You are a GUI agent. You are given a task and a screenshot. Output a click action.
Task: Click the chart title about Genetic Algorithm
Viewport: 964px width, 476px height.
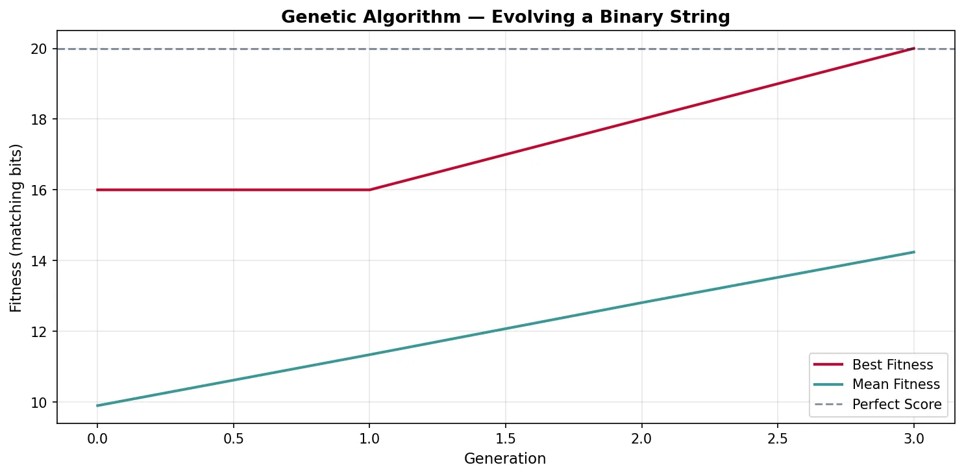point(505,18)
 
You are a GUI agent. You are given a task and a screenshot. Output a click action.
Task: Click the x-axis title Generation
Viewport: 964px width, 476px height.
point(505,458)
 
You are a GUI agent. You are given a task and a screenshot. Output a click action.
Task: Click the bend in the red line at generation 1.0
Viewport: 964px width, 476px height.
point(369,190)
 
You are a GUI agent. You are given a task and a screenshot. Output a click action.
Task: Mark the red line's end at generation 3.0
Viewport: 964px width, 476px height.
point(914,48)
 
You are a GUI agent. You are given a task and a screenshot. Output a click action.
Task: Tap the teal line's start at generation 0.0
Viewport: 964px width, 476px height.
point(97,406)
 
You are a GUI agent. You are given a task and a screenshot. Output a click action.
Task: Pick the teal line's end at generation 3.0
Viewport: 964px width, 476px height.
point(914,252)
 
